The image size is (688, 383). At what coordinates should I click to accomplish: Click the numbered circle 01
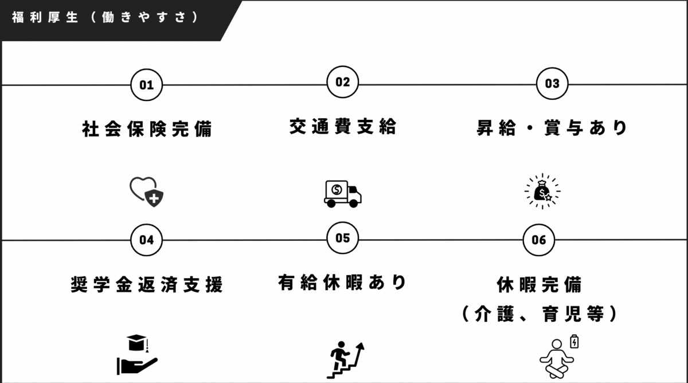[x=147, y=85]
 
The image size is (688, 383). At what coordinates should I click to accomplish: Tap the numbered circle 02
[x=342, y=82]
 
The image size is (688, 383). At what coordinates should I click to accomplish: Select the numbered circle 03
[x=552, y=84]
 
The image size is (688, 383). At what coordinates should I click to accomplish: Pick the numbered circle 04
[x=147, y=240]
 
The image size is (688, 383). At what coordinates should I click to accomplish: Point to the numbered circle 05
[x=342, y=238]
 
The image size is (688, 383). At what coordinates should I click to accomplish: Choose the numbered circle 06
[x=539, y=240]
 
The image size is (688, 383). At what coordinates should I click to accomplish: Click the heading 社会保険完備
[x=147, y=128]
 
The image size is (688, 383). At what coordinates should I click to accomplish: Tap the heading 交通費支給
[x=342, y=126]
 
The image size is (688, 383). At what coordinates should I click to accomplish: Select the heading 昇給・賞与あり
[x=552, y=127]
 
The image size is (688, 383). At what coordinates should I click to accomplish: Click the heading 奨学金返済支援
[x=147, y=284]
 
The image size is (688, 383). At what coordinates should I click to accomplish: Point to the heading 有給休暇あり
[x=342, y=282]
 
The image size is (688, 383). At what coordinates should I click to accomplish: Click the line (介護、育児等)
[x=539, y=313]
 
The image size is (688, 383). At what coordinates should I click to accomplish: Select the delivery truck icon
[x=342, y=193]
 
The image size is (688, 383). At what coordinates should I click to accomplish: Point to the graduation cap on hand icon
[x=136, y=355]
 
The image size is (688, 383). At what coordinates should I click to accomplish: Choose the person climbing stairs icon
[x=345, y=359]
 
